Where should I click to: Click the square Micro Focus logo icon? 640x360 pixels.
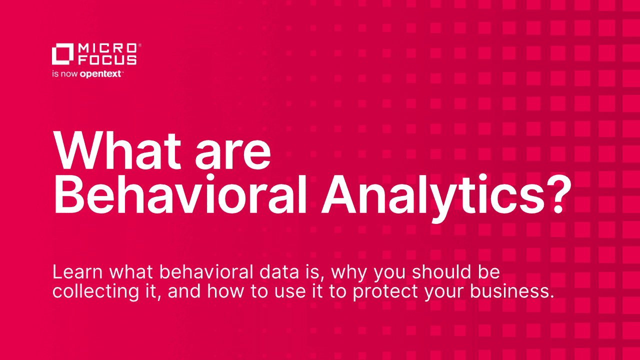click(62, 54)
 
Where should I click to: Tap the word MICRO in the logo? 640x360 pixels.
click(107, 48)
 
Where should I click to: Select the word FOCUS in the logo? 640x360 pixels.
click(107, 60)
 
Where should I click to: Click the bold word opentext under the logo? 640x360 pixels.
click(100, 74)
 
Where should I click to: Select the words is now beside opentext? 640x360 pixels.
click(65, 74)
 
